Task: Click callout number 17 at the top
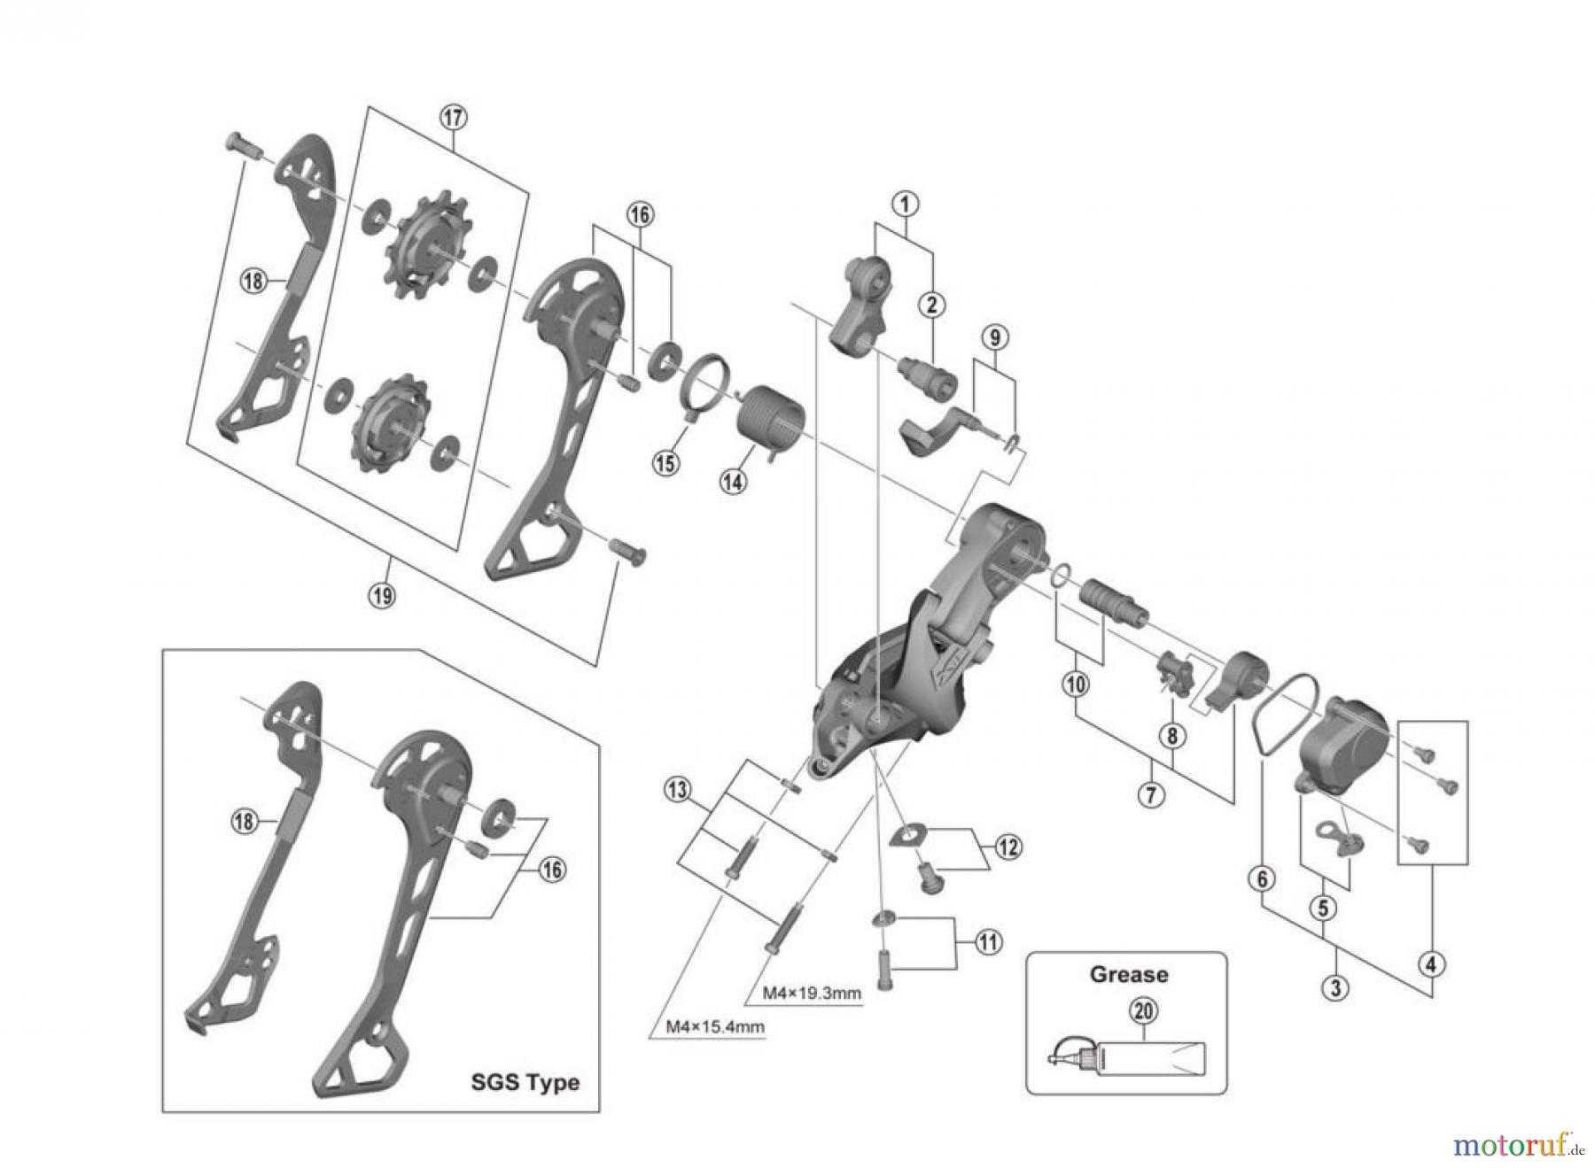(x=453, y=117)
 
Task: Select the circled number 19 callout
(x=382, y=595)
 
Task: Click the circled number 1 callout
(x=905, y=204)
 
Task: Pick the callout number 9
(x=994, y=337)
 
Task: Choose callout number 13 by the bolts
(x=678, y=789)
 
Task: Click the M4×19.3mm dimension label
(x=813, y=993)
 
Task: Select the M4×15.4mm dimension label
(x=715, y=1027)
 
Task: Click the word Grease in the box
(x=1128, y=974)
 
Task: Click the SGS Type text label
(x=525, y=1082)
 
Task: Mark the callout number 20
(x=1144, y=1010)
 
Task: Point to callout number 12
(x=1008, y=847)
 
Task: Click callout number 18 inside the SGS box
(x=244, y=821)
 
